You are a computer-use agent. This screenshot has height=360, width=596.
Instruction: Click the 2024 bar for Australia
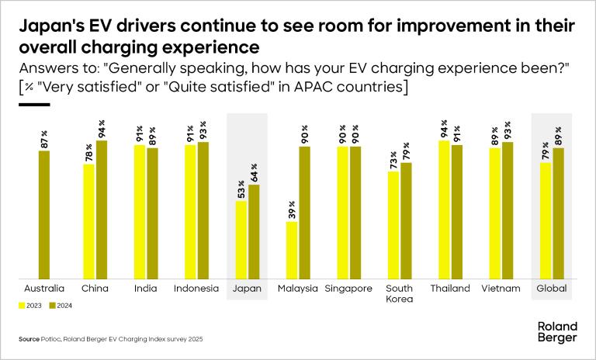click(44, 215)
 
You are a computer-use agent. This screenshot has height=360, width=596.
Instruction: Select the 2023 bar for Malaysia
click(292, 250)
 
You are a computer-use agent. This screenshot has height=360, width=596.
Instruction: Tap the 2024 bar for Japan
click(254, 231)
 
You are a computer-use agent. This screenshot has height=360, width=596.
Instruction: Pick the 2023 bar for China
click(89, 221)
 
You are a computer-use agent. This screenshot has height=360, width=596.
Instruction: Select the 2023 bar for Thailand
click(444, 209)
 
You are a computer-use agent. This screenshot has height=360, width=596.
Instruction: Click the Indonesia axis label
click(196, 289)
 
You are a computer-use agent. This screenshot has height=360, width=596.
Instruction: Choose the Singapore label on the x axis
click(348, 289)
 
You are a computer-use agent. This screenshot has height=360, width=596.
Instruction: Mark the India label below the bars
click(145, 289)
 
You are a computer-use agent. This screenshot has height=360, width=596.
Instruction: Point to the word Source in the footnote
click(29, 340)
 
